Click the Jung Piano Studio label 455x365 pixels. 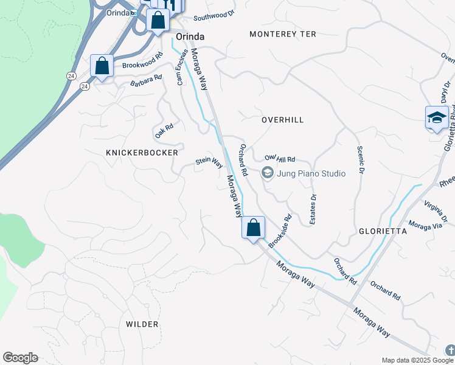click(311, 173)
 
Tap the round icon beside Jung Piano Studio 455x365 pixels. click(267, 173)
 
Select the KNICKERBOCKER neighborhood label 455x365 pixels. click(142, 153)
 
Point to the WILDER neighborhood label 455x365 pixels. click(142, 324)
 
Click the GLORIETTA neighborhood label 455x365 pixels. click(383, 232)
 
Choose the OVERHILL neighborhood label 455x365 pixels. click(282, 120)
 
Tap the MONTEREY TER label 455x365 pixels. click(283, 34)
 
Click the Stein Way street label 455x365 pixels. click(209, 162)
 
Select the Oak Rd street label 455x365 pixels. click(164, 130)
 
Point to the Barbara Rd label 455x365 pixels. click(146, 80)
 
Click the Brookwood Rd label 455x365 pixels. click(142, 61)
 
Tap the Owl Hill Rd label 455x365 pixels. click(279, 159)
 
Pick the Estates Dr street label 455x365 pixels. click(313, 209)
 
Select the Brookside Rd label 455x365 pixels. click(280, 230)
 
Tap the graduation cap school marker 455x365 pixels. click(437, 117)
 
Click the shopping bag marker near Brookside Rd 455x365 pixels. click(253, 228)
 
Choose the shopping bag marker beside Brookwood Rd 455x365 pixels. click(102, 66)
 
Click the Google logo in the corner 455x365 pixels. click(20, 358)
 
